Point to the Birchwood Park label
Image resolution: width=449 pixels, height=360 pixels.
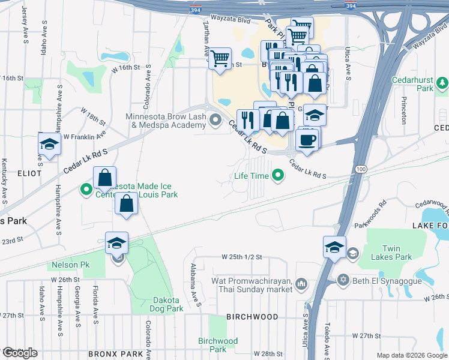tap(218, 345)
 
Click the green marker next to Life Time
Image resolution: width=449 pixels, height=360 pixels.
tap(277, 175)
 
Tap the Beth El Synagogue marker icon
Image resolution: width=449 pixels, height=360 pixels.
tap(343, 279)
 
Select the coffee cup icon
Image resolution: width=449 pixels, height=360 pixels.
tap(307, 140)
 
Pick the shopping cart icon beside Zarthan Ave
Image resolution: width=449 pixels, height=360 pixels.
tap(220, 58)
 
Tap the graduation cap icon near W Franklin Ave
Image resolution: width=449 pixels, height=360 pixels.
tap(49, 144)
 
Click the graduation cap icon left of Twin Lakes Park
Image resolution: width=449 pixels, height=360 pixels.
tap(334, 246)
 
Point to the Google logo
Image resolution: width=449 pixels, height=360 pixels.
tap(19, 352)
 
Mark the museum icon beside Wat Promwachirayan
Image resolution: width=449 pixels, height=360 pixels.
tap(301, 283)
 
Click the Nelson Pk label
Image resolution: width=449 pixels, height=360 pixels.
tap(70, 265)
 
